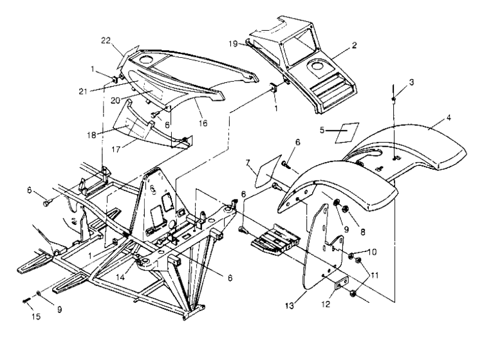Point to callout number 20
[x=134, y=100]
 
